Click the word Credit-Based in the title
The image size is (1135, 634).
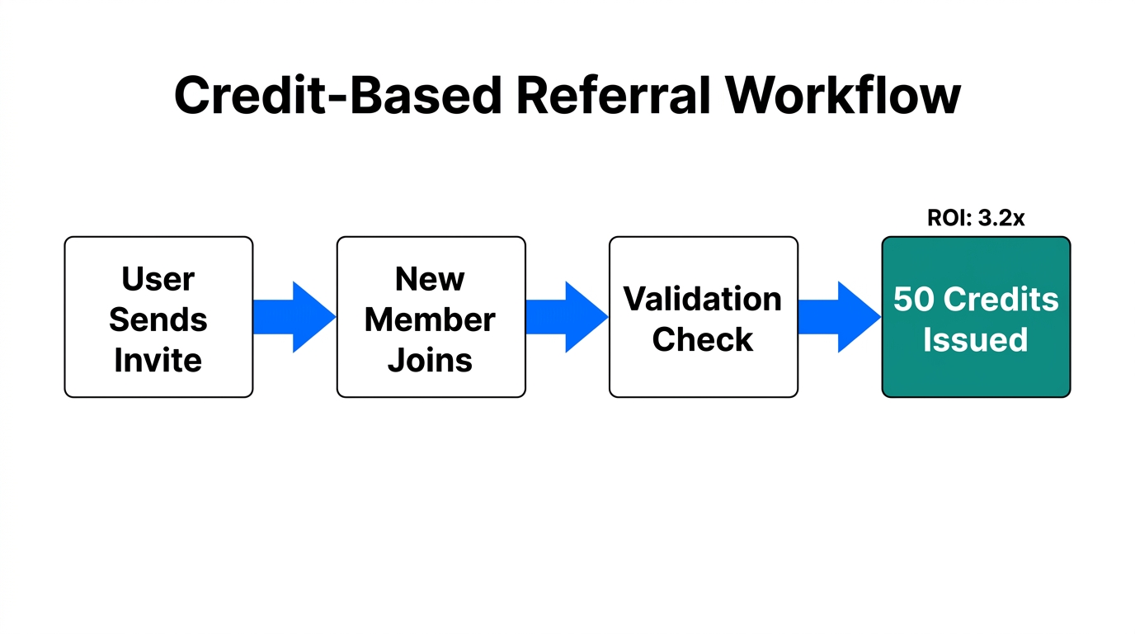pyautogui.click(x=337, y=95)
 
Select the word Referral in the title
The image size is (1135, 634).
pyautogui.click(x=613, y=95)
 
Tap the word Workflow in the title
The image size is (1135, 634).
pyautogui.click(x=843, y=95)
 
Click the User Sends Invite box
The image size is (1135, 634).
pyautogui.click(x=158, y=317)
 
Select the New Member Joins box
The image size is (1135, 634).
pyautogui.click(x=431, y=317)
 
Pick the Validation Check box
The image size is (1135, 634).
pyautogui.click(x=703, y=317)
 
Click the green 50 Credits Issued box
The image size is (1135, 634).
pyautogui.click(x=976, y=317)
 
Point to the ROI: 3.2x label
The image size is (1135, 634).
pyautogui.click(x=976, y=219)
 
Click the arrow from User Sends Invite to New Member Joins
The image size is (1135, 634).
pyautogui.click(x=294, y=317)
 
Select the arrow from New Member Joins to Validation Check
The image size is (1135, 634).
pyautogui.click(x=566, y=317)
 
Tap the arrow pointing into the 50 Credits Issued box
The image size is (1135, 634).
pyautogui.click(x=839, y=317)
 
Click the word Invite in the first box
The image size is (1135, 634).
pyautogui.click(x=158, y=360)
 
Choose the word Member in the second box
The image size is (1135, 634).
pyautogui.click(x=431, y=319)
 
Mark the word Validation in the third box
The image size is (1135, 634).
pyautogui.click(x=703, y=299)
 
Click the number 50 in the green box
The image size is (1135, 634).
pyautogui.click(x=914, y=299)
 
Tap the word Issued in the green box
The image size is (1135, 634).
pyautogui.click(x=976, y=339)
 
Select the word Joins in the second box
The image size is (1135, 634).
pyautogui.click(x=431, y=360)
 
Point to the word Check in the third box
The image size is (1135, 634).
pyautogui.click(x=703, y=339)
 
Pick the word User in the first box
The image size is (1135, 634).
pyautogui.click(x=158, y=279)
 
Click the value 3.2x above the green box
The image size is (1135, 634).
pyautogui.click(x=1001, y=219)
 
